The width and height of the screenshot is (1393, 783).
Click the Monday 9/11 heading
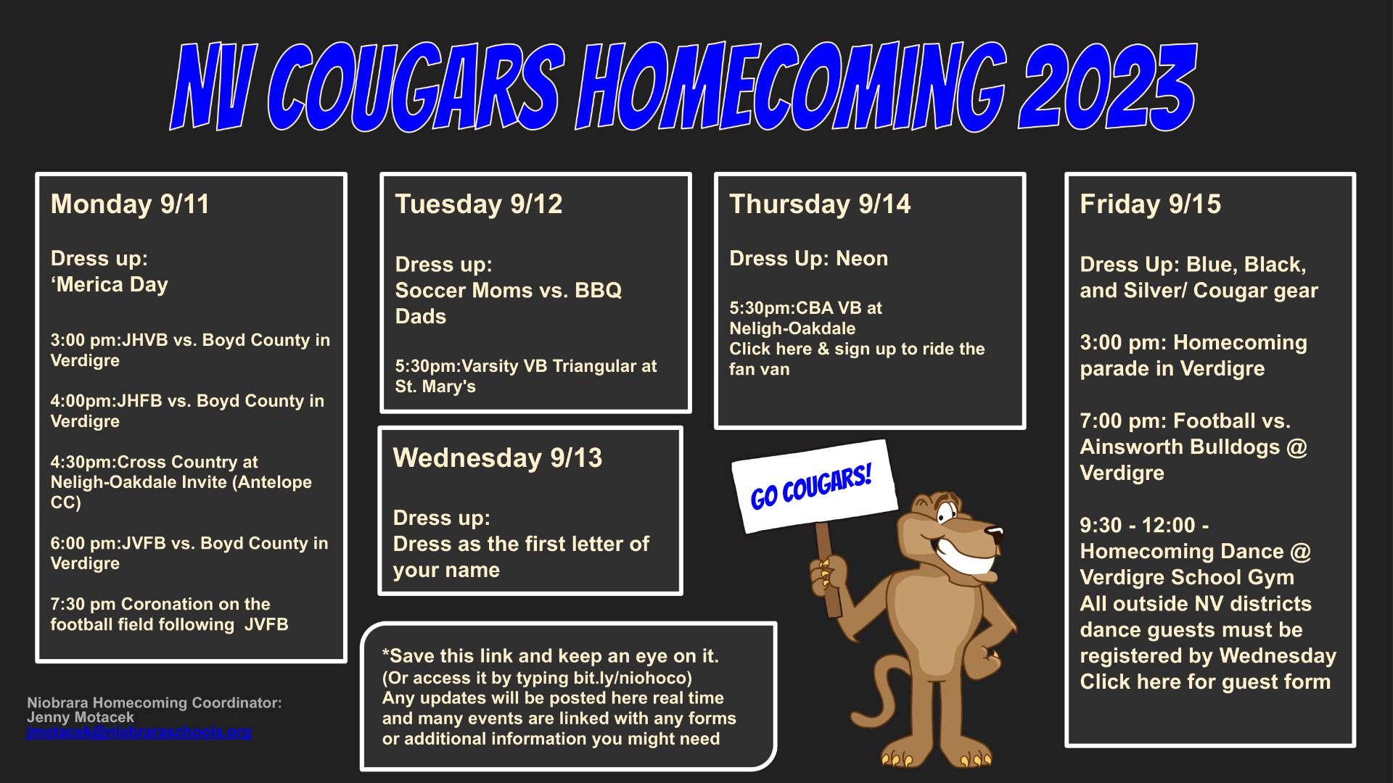tap(130, 204)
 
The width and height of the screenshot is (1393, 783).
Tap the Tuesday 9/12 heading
tap(479, 204)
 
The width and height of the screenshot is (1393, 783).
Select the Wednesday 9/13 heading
tap(498, 458)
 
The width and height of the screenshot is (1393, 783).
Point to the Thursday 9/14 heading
tap(820, 204)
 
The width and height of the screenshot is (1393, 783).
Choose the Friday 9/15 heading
tap(1151, 204)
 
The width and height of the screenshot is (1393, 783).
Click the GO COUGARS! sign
tap(814, 486)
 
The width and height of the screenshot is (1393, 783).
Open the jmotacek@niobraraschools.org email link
tap(139, 732)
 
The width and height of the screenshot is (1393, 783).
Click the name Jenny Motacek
tap(81, 717)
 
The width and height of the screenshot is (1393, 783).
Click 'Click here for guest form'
tap(1205, 682)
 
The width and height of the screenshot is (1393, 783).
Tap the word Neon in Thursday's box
tap(862, 259)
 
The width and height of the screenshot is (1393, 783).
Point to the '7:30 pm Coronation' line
tap(160, 604)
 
